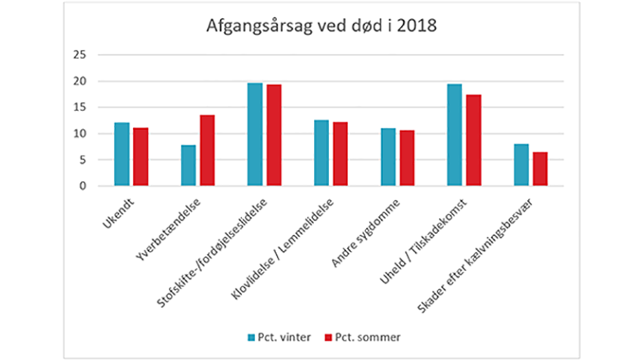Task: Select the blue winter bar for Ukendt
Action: tap(122, 154)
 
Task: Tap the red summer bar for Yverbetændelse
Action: tap(207, 150)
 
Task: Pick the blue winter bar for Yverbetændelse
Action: tap(188, 165)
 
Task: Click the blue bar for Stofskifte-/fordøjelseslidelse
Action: tap(255, 134)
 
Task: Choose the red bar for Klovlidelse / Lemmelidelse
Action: tap(340, 154)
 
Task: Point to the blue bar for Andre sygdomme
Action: tap(388, 157)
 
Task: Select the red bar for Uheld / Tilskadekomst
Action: tap(474, 140)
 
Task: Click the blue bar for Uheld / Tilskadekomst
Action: tap(455, 135)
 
